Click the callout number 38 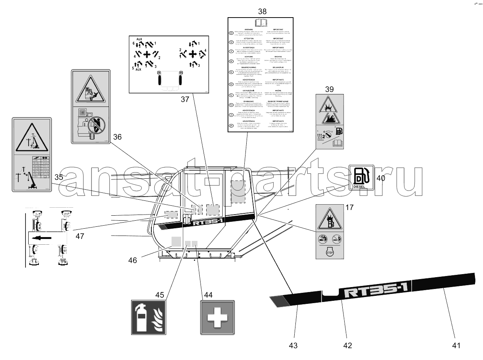(x=262, y=11)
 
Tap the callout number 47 (x=80, y=236)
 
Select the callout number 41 (x=457, y=345)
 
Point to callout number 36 (x=117, y=137)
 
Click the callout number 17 (x=350, y=208)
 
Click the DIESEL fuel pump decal (x=361, y=177)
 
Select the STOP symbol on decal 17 (x=330, y=252)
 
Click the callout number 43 (x=293, y=345)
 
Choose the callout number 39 (x=329, y=89)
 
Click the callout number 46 (x=133, y=260)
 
